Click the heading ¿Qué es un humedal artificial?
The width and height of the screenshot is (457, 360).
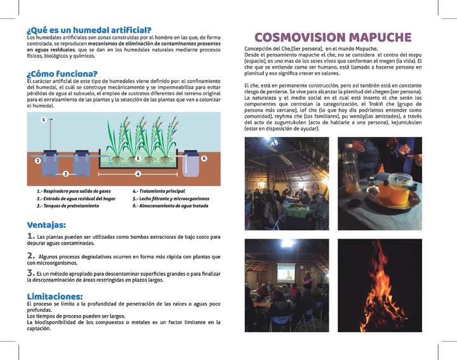click(89, 30)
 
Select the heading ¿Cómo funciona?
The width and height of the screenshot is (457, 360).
click(62, 74)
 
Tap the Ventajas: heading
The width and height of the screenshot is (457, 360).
click(48, 225)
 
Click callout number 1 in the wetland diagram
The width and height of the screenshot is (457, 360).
click(43, 119)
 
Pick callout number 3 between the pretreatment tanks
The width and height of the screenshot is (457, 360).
click(65, 173)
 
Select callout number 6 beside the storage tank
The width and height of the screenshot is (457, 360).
click(204, 158)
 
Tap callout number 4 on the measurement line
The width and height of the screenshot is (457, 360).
click(138, 173)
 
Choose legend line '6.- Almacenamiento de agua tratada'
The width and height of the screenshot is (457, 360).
click(171, 206)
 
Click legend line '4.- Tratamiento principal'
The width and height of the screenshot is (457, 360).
click(159, 190)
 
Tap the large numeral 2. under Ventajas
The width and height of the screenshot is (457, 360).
click(31, 255)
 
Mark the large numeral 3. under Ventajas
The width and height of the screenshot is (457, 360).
click(31, 273)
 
